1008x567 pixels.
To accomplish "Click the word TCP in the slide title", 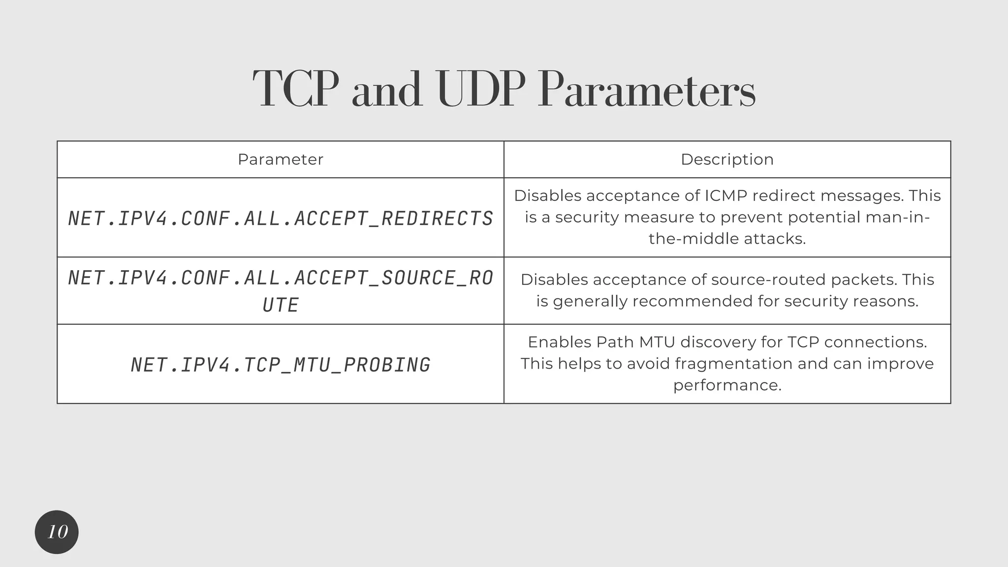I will point(296,90).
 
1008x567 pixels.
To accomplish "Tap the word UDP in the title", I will point(477,90).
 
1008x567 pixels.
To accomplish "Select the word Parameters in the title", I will point(646,90).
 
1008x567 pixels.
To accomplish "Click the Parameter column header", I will point(281,159).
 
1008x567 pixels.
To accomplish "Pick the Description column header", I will point(727,159).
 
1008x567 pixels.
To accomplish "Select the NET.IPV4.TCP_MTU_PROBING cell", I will point(281,365).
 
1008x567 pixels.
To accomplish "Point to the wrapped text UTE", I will point(281,305).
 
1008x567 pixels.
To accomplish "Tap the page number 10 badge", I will point(57,532).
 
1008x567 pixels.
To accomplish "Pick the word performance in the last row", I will point(727,385).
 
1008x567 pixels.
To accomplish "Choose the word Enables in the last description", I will point(559,342).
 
